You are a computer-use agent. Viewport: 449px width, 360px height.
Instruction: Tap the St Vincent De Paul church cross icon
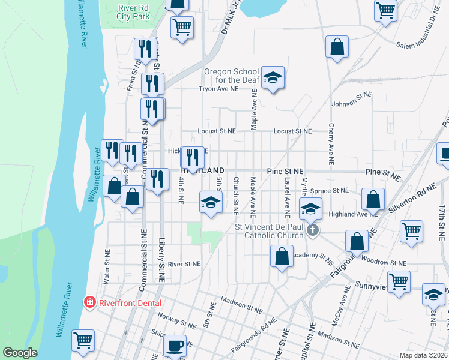click(312, 230)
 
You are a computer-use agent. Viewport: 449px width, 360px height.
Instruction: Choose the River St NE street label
click(184, 264)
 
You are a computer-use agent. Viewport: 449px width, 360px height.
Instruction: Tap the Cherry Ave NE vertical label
click(331, 145)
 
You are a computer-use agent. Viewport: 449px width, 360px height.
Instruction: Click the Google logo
click(20, 353)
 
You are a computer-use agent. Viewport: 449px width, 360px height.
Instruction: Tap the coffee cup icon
click(175, 346)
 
